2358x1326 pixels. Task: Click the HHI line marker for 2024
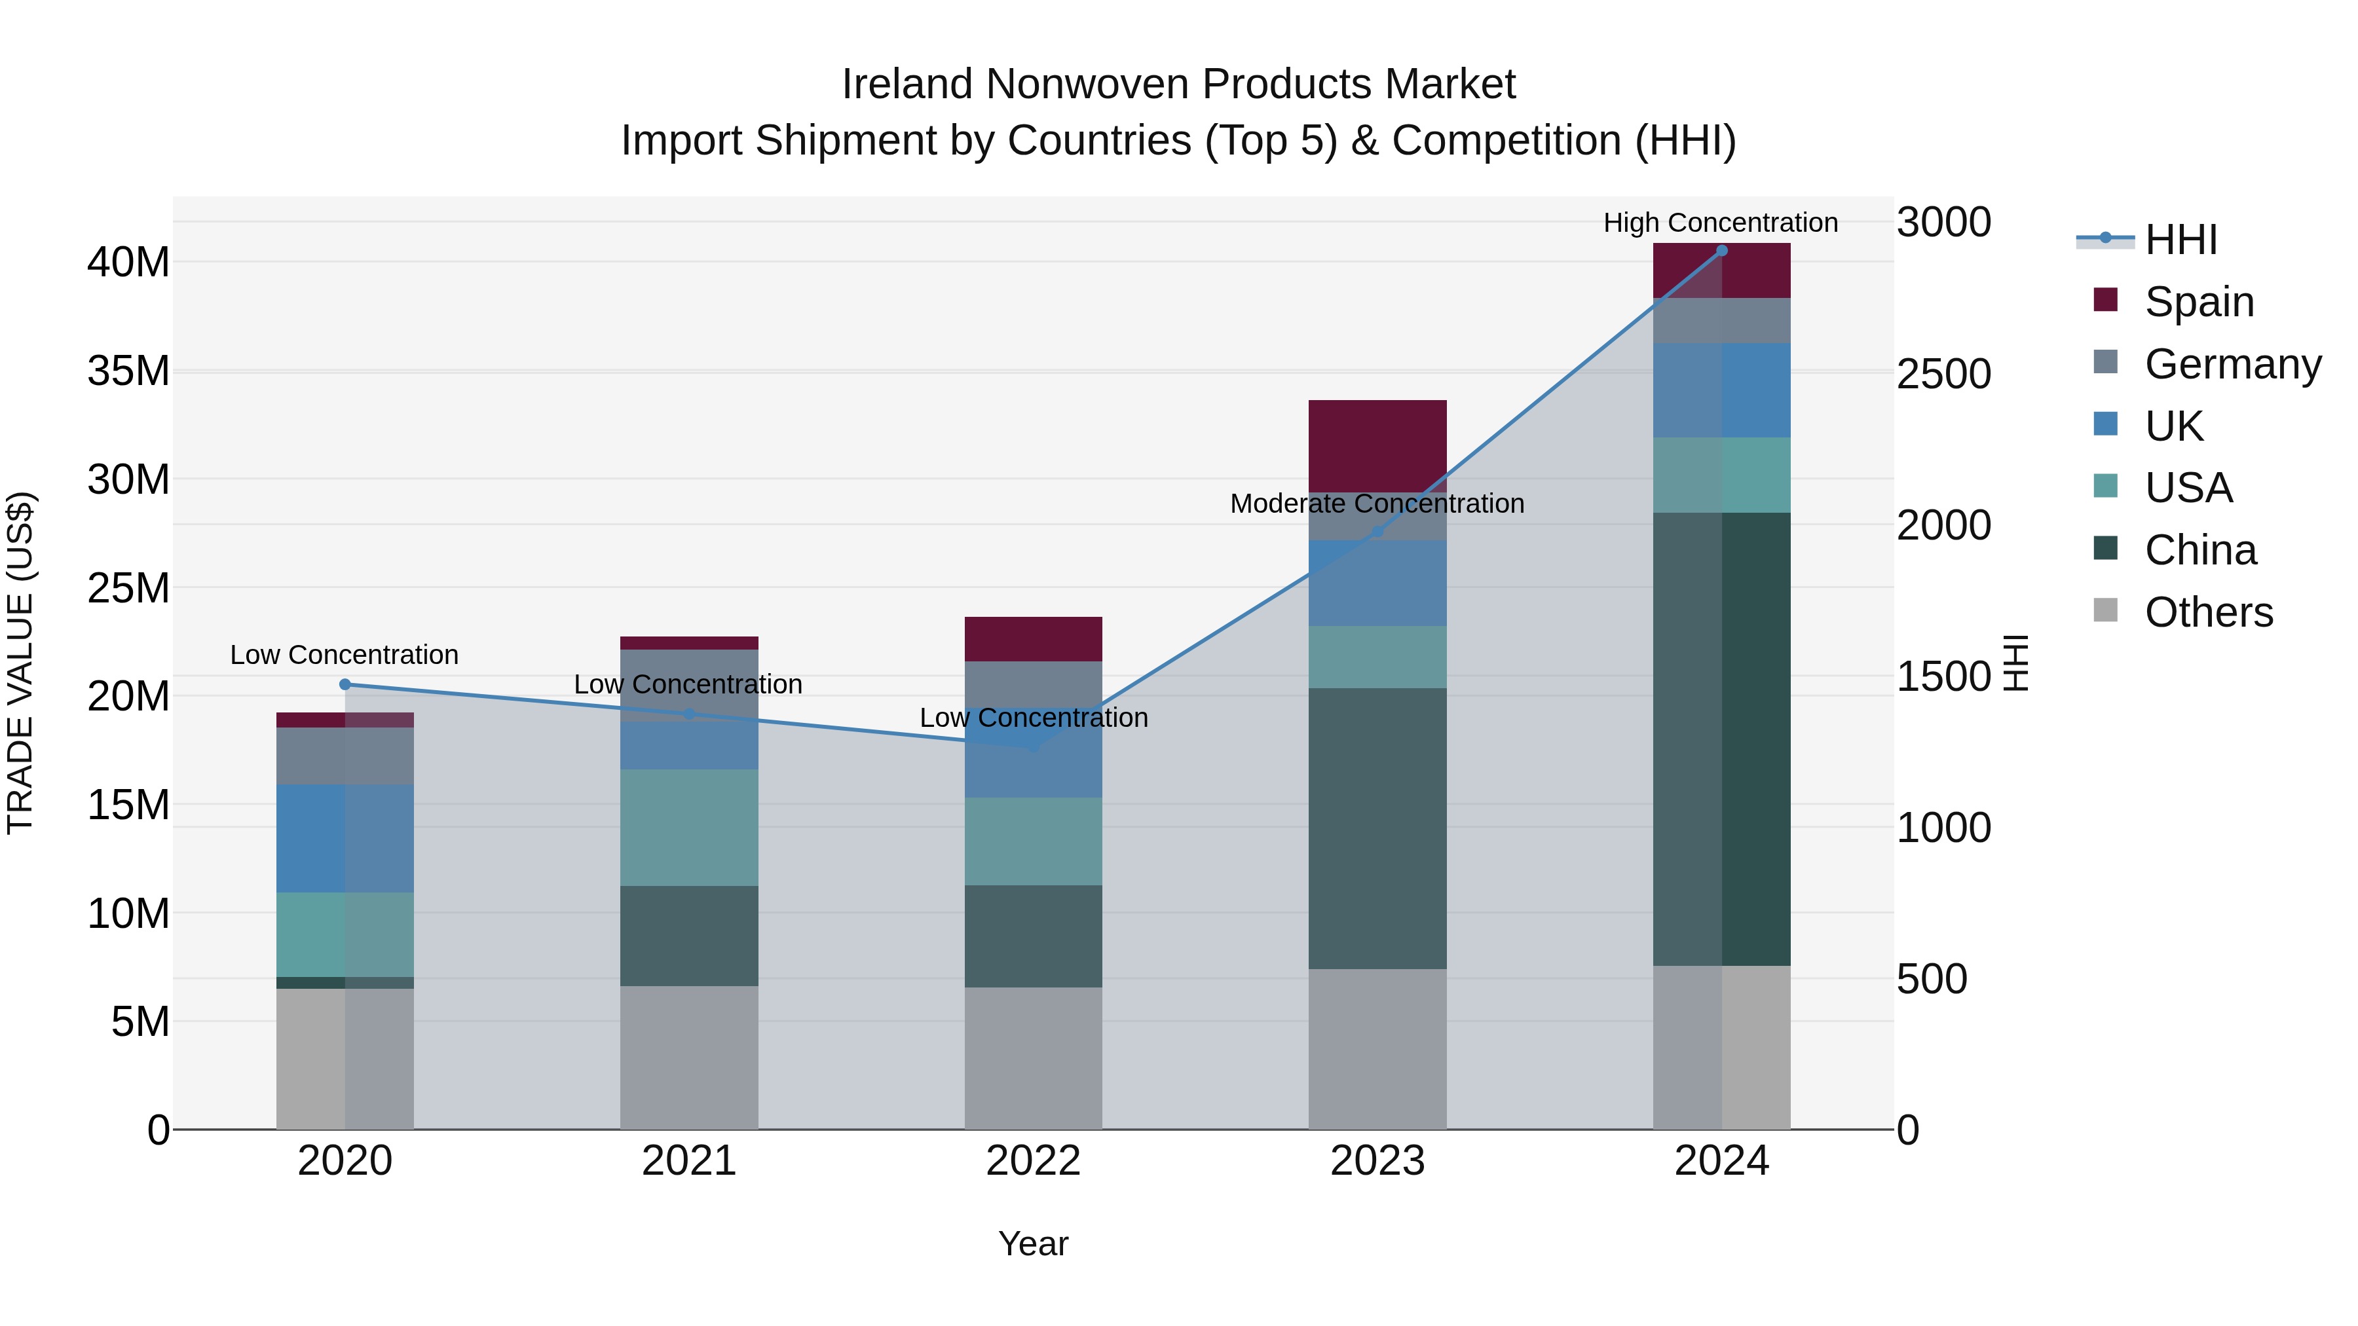pyautogui.click(x=1721, y=250)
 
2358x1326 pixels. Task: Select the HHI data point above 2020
pyautogui.click(x=345, y=684)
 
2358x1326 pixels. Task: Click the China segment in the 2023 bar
pyautogui.click(x=1377, y=828)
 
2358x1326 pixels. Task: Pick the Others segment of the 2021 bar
pyautogui.click(x=688, y=1057)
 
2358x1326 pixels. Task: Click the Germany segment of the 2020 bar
pyautogui.click(x=345, y=756)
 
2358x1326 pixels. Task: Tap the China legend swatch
pyautogui.click(x=2105, y=549)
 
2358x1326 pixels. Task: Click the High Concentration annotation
pyautogui.click(x=1720, y=223)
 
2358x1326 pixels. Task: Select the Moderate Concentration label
pyautogui.click(x=1377, y=504)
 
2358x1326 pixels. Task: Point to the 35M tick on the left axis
pyautogui.click(x=128, y=371)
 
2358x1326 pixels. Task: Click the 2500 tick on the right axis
pyautogui.click(x=1943, y=375)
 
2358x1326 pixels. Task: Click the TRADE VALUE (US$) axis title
pyautogui.click(x=20, y=663)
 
